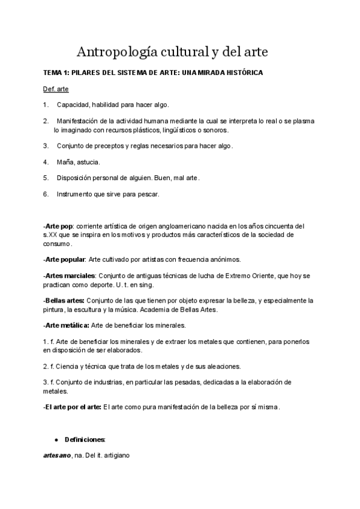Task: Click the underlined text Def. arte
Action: coord(56,89)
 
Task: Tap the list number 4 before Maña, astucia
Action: coord(46,162)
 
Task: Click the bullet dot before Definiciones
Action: coord(56,440)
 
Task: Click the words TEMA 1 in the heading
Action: coord(58,73)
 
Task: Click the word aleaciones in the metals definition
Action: coord(223,366)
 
